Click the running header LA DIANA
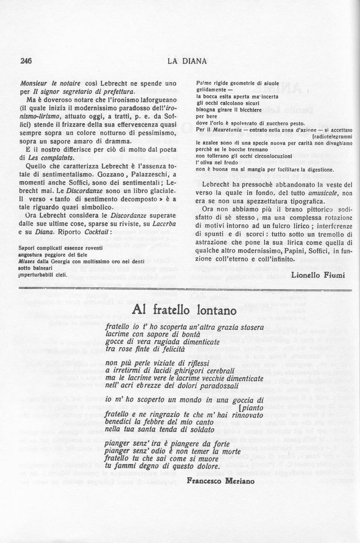point(187,60)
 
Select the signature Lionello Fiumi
point(322,273)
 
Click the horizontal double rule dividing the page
point(187,290)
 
